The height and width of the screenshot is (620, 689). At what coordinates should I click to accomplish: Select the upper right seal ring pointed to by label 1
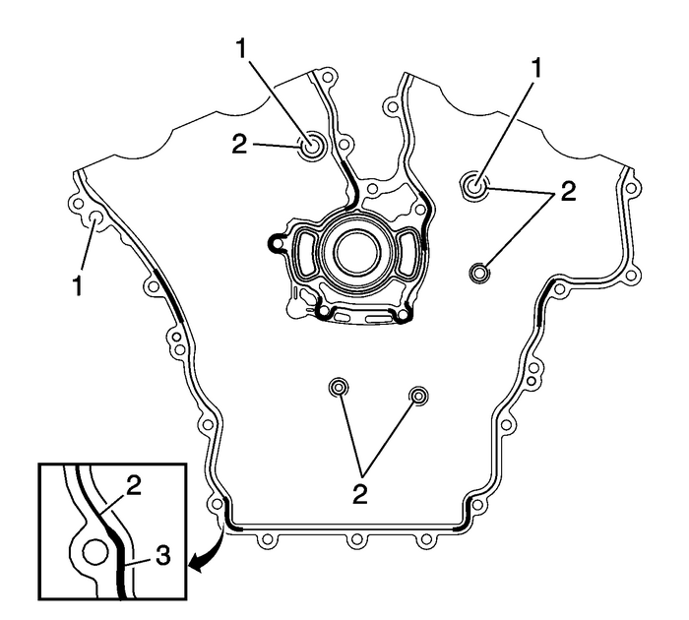pos(476,183)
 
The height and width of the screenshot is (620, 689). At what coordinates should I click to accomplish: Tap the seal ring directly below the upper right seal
pos(480,272)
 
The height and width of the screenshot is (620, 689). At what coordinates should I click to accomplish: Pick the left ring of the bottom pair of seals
pos(339,387)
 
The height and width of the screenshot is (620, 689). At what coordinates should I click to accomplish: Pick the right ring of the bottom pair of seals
pos(420,396)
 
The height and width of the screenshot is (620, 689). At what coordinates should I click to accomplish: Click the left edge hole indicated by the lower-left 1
pos(96,218)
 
